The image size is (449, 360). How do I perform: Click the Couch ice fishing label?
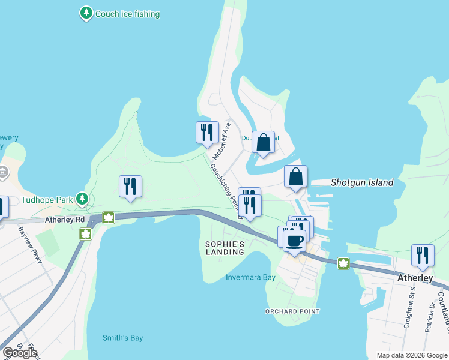[x=127, y=13]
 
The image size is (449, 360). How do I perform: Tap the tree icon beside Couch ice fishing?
[x=87, y=13]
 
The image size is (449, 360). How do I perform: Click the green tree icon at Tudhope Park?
[x=82, y=199]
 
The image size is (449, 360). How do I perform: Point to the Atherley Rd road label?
[x=65, y=220]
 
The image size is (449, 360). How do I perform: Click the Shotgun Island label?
[x=362, y=182]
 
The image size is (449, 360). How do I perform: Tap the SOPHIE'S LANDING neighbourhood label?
[x=225, y=248]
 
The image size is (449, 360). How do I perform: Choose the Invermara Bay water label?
[x=250, y=277]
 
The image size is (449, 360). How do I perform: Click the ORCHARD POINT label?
[x=293, y=311]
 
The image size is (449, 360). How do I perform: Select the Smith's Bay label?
[x=122, y=338]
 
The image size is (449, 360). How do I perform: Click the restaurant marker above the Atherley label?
[x=423, y=255]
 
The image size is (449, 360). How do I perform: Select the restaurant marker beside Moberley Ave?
[x=207, y=133]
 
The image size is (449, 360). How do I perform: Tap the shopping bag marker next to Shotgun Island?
[x=295, y=177]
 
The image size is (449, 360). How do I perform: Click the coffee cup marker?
[x=294, y=241]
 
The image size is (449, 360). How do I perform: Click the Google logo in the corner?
[x=20, y=353]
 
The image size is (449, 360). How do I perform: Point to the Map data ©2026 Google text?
[x=411, y=355]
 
